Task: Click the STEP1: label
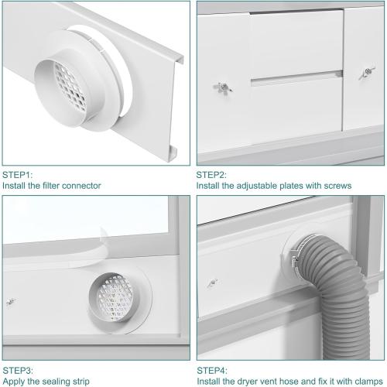18,175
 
